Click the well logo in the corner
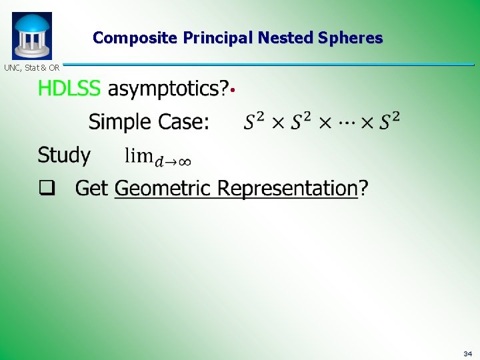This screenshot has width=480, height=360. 31,35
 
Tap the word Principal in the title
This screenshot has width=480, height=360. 213,38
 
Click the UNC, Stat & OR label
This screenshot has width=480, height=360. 31,67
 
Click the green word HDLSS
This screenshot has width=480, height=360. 69,88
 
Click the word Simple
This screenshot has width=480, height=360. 120,122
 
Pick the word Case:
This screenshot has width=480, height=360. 183,122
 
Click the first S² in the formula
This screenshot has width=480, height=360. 254,121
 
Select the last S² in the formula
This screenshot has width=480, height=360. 390,121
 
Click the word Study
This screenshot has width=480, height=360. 64,155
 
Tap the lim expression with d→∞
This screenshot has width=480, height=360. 158,157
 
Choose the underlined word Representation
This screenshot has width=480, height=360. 288,188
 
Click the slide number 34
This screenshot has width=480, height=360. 467,353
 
